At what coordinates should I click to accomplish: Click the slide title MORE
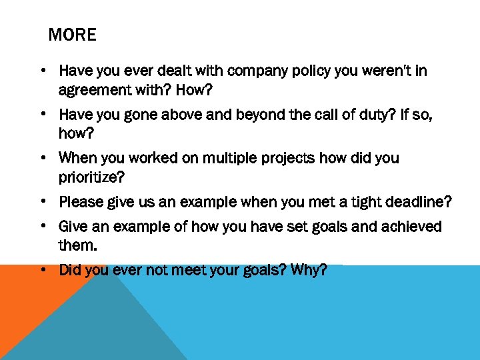point(72,35)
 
